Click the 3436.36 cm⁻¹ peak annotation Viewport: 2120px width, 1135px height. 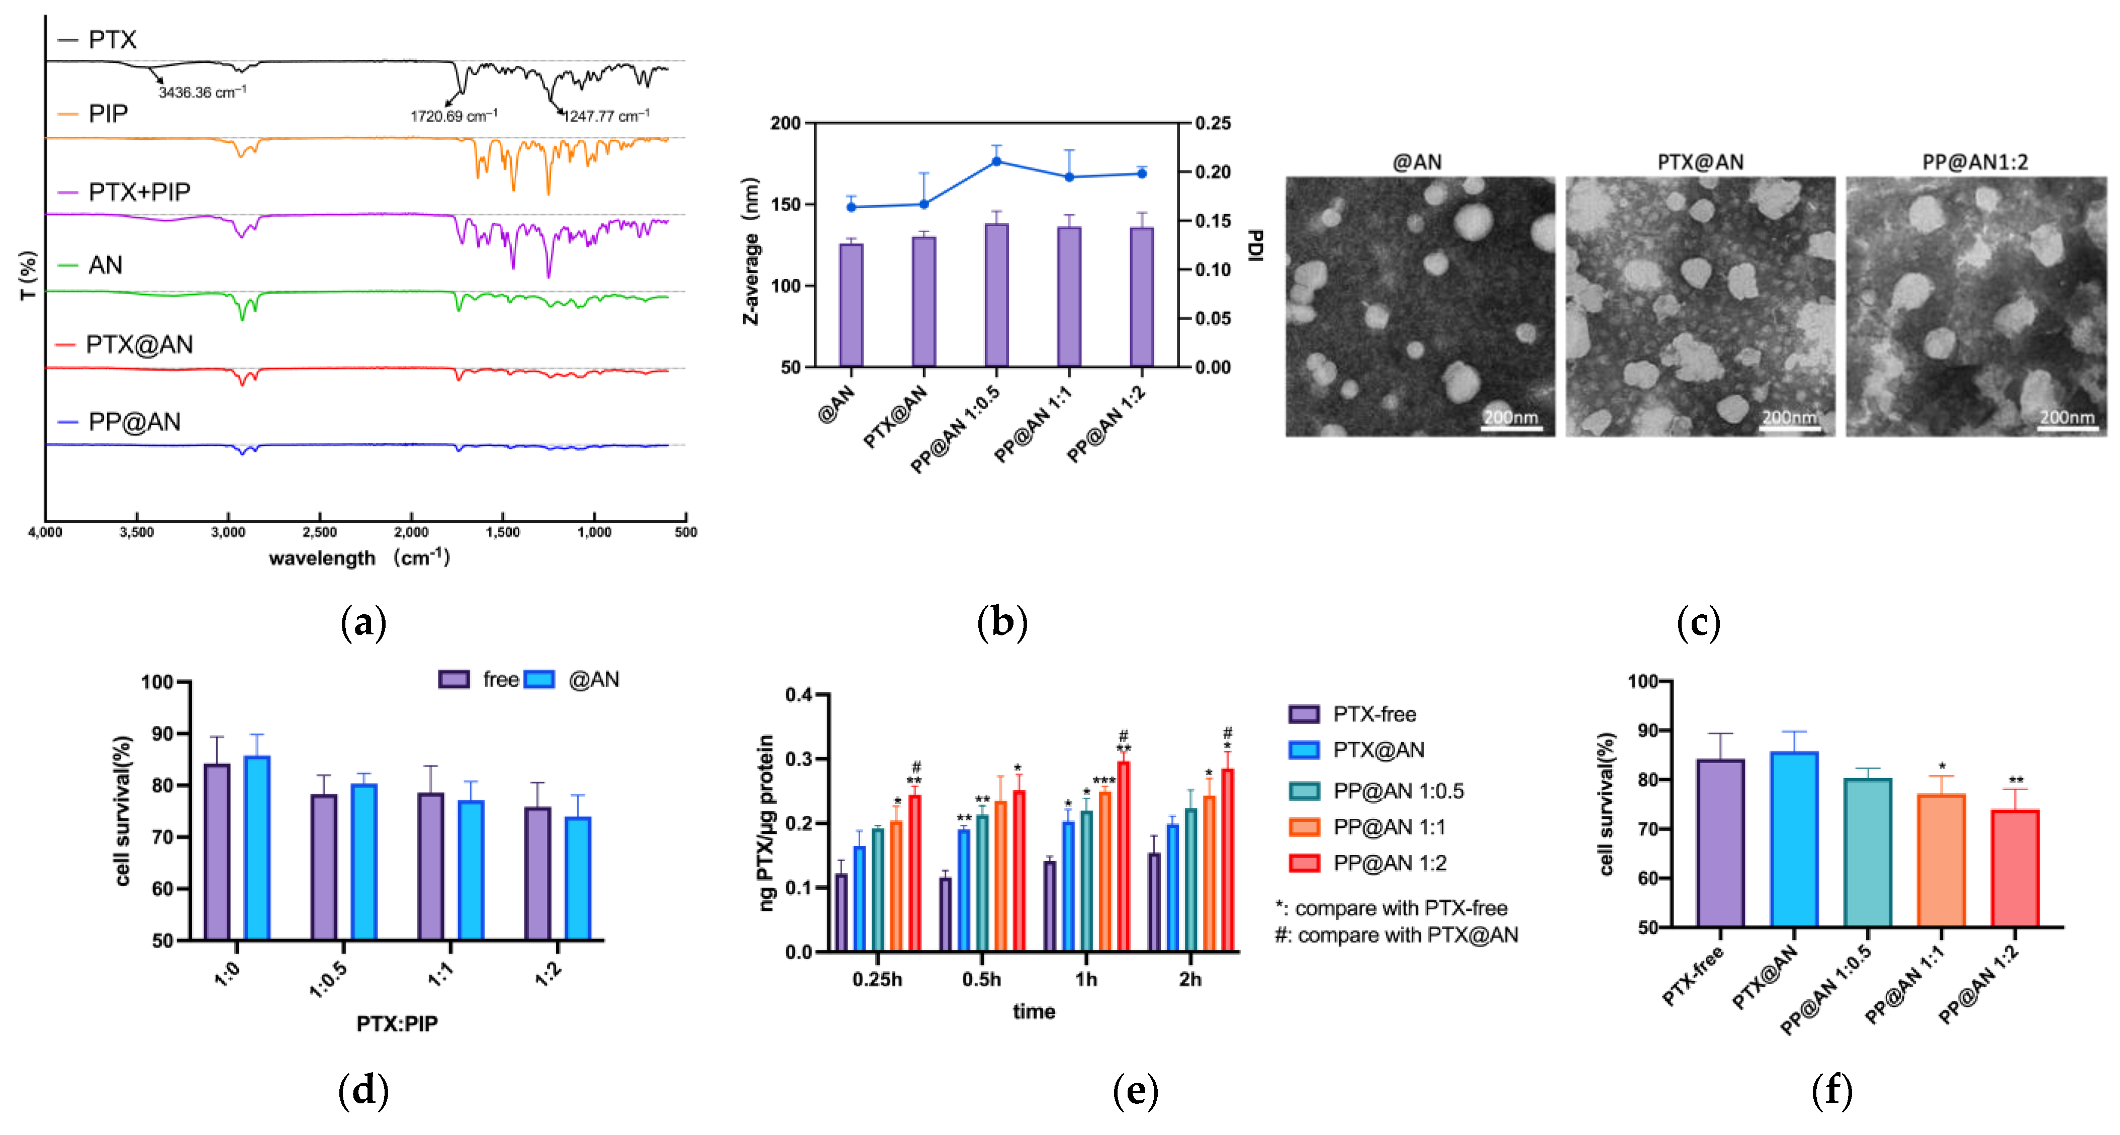point(202,92)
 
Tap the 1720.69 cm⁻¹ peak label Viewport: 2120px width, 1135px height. point(453,116)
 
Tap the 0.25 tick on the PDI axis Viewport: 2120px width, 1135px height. point(1213,124)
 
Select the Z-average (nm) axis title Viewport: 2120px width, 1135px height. point(751,251)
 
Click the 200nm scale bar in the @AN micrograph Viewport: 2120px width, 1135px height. point(1511,428)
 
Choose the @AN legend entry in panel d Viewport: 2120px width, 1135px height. point(593,680)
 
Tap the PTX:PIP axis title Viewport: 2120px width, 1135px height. point(397,1023)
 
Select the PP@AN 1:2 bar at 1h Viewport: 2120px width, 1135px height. point(1124,856)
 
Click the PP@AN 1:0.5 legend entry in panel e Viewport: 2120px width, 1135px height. point(1398,791)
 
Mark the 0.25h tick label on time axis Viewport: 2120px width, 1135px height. point(877,980)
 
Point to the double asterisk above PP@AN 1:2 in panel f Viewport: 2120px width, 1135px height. point(2015,780)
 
